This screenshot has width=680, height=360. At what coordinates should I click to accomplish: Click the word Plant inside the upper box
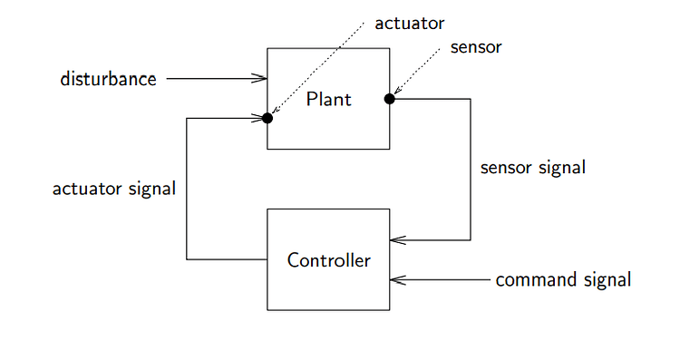[x=328, y=99]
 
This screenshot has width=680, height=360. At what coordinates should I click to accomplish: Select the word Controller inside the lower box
[x=328, y=260]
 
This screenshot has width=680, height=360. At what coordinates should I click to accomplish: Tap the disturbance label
[x=108, y=79]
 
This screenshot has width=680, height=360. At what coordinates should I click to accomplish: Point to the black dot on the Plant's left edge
[x=267, y=118]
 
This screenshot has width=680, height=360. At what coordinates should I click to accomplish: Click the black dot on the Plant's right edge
[x=390, y=99]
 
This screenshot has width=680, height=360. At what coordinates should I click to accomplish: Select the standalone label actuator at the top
[x=410, y=23]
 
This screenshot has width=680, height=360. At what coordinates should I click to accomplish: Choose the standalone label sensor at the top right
[x=475, y=47]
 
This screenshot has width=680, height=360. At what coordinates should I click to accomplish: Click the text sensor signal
[x=532, y=168]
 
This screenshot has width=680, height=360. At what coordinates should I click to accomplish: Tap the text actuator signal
[x=113, y=189]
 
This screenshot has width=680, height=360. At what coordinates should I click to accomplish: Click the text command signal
[x=563, y=279]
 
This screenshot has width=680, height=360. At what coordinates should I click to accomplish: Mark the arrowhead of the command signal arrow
[x=397, y=280]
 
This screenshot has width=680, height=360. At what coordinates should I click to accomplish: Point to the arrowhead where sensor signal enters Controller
[x=397, y=240]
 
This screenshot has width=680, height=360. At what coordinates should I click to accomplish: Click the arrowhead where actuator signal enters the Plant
[x=258, y=118]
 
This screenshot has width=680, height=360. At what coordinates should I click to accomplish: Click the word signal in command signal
[x=607, y=279]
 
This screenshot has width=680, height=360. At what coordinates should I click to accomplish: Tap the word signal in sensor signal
[x=561, y=168]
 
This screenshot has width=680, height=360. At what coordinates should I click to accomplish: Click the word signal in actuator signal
[x=150, y=189]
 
